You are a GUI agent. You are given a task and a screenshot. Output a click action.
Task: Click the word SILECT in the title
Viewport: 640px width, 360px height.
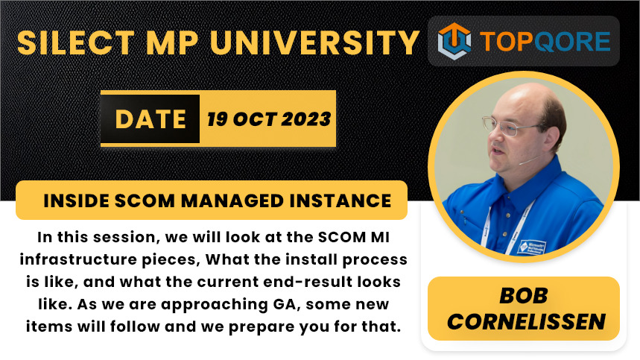(x=76, y=42)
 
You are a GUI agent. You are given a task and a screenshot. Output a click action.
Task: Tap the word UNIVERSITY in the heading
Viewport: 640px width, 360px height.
(x=314, y=42)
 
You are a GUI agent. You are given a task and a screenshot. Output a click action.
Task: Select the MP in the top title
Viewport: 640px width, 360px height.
(x=172, y=42)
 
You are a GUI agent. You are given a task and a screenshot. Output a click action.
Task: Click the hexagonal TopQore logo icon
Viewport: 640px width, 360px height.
(x=454, y=41)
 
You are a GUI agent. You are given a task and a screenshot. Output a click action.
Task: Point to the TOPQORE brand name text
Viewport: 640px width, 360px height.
(x=545, y=41)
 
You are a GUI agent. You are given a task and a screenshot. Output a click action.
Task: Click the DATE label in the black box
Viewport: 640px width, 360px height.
(x=151, y=119)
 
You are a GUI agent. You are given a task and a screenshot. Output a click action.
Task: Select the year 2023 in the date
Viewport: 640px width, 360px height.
(x=305, y=119)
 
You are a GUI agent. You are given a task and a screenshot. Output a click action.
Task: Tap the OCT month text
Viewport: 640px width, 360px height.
(x=254, y=119)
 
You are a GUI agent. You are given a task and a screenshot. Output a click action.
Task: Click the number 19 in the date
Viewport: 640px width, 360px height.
(x=217, y=119)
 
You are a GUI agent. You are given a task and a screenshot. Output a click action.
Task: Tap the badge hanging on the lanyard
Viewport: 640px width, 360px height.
(x=531, y=246)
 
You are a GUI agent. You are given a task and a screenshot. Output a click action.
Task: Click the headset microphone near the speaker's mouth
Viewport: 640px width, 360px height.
(x=530, y=160)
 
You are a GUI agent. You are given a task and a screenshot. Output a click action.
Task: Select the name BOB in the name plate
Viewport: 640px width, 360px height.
(x=524, y=295)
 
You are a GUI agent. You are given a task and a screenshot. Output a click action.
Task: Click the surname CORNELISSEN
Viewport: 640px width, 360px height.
(x=526, y=322)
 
